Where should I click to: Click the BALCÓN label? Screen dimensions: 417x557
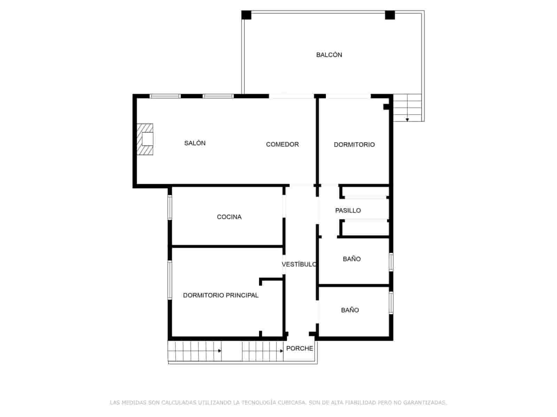pyautogui.click(x=329, y=55)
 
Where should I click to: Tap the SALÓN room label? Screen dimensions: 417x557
pyautogui.click(x=195, y=143)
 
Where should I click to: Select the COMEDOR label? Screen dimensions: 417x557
pyautogui.click(x=282, y=145)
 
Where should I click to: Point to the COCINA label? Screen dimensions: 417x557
pyautogui.click(x=229, y=217)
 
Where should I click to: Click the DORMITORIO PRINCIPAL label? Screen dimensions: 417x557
pyautogui.click(x=221, y=295)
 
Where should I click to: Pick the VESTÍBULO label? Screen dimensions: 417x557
pyautogui.click(x=299, y=264)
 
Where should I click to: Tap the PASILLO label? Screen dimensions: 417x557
pyautogui.click(x=348, y=211)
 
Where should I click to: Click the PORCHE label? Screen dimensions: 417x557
pyautogui.click(x=299, y=349)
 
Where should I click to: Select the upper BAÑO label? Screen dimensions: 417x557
pyautogui.click(x=352, y=259)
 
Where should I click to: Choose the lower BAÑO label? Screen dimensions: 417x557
pyautogui.click(x=350, y=310)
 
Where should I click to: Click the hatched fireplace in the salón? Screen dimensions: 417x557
pyautogui.click(x=145, y=139)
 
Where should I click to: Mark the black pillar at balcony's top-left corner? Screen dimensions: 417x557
pyautogui.click(x=246, y=15)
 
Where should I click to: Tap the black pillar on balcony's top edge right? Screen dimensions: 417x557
pyautogui.click(x=390, y=15)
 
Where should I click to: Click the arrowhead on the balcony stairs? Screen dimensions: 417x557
pyautogui.click(x=407, y=120)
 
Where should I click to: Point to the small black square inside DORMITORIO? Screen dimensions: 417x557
pyautogui.click(x=386, y=107)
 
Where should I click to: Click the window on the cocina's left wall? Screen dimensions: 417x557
pyautogui.click(x=170, y=207)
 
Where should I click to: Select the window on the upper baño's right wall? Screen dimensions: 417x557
pyautogui.click(x=391, y=262)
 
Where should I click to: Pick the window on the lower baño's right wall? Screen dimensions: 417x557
pyautogui.click(x=391, y=303)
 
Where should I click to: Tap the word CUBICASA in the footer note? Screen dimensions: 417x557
pyautogui.click(x=292, y=403)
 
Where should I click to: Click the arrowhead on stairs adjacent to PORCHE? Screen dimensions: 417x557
pyautogui.click(x=281, y=351)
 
